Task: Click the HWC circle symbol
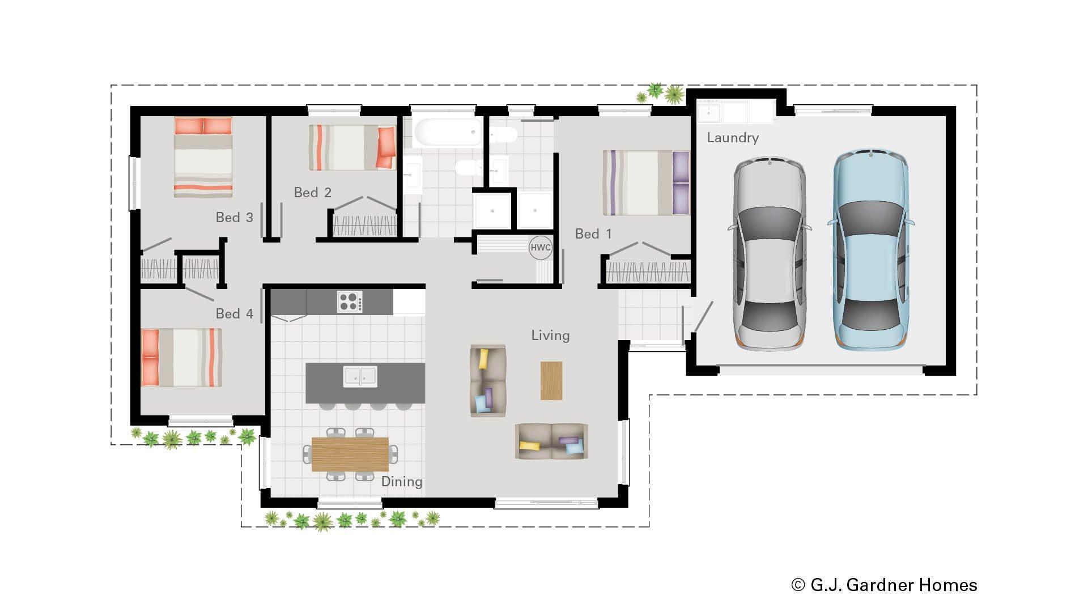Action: pos(540,248)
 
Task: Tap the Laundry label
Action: pos(732,138)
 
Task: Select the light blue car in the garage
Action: pos(870,249)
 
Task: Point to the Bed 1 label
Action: pos(593,234)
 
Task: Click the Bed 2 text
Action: pos(312,193)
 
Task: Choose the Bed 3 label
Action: pos(234,218)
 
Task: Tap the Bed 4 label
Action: pos(234,314)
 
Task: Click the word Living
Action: pos(550,335)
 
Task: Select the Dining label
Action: pos(401,482)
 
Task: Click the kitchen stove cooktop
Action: pos(350,301)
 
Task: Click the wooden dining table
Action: pos(350,454)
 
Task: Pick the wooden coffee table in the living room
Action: pos(551,381)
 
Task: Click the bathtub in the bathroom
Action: pos(448,132)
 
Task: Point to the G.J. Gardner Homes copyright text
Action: pos(884,585)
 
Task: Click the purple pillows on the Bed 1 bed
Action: pos(680,182)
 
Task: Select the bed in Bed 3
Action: pos(203,157)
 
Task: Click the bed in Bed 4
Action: pos(181,358)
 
